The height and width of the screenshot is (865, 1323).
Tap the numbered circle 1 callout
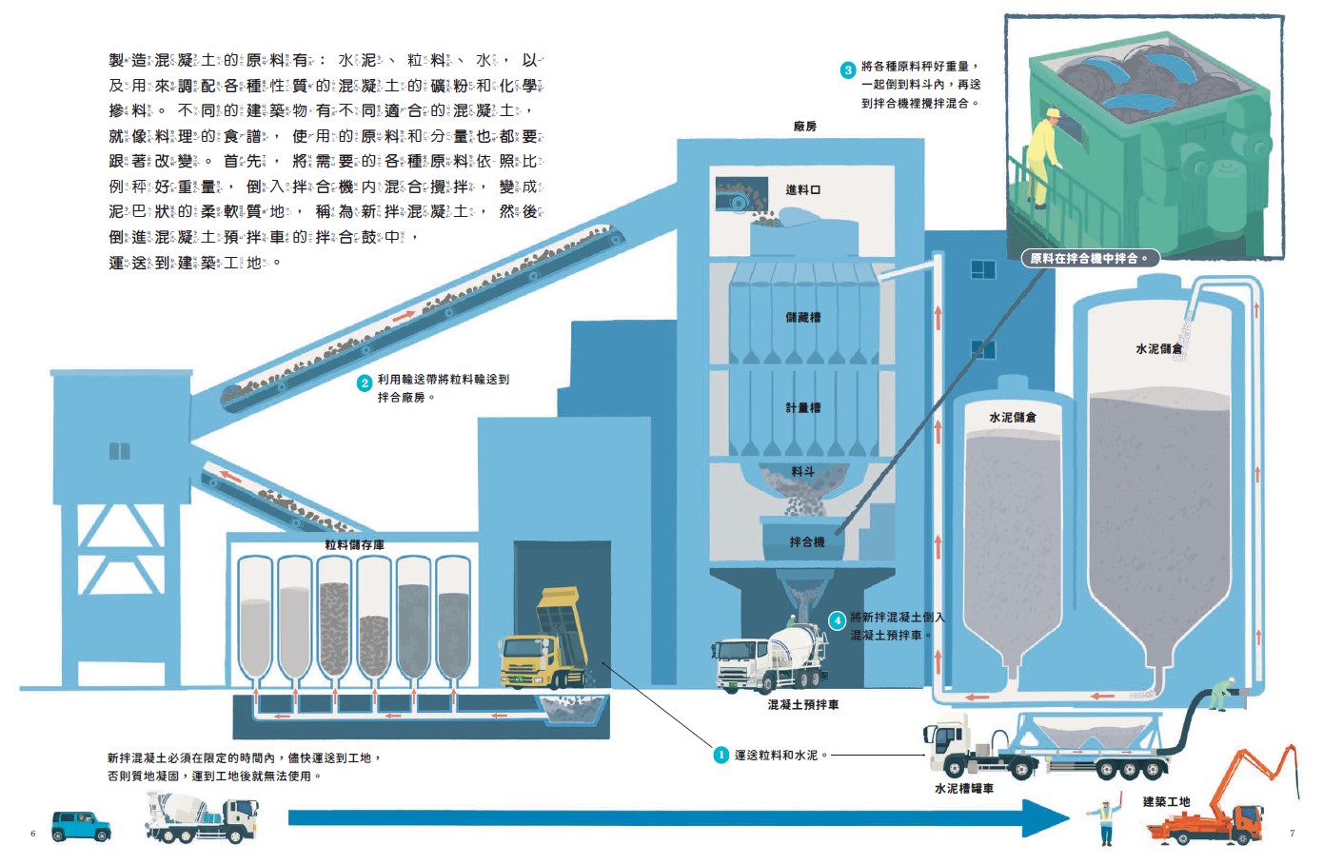tap(721, 755)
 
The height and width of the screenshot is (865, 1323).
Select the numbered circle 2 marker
tap(365, 383)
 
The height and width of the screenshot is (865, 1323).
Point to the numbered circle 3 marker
tap(848, 70)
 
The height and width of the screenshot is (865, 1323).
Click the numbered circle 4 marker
tap(837, 620)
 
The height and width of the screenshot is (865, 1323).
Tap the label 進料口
tap(802, 190)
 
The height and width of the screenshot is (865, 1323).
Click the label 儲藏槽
tap(802, 318)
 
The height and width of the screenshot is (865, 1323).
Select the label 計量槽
tap(802, 408)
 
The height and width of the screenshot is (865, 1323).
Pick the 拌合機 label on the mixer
tap(806, 541)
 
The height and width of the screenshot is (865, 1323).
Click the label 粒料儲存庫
tap(354, 545)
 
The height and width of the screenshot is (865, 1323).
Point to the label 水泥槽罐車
tap(963, 789)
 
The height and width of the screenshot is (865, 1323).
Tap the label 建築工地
tap(1166, 801)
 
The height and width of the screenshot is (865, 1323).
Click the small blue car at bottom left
tap(81, 825)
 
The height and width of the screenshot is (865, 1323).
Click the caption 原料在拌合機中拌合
tap(1089, 258)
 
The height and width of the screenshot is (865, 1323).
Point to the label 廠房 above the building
tap(804, 127)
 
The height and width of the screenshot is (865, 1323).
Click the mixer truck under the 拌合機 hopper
tap(771, 657)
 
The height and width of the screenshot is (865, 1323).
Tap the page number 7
tap(1292, 834)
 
